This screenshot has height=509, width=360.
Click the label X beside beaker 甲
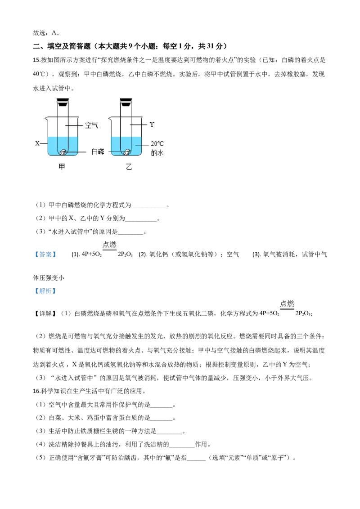pyautogui.click(x=37, y=143)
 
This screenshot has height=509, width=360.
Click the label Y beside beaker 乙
pyautogui.click(x=152, y=125)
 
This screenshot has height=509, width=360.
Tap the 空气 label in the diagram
pyautogui.click(x=91, y=125)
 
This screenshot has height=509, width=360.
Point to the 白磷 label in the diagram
pyautogui.click(x=98, y=152)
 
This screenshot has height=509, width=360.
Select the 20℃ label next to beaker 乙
pyautogui.click(x=157, y=143)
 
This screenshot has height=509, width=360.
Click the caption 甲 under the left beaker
pyautogui.click(x=62, y=167)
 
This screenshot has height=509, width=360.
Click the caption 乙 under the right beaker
pyautogui.click(x=129, y=167)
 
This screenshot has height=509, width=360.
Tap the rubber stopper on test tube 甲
pyautogui.click(x=63, y=102)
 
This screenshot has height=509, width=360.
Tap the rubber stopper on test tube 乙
pyautogui.click(x=126, y=102)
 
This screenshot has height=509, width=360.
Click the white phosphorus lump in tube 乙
pyautogui.click(x=127, y=152)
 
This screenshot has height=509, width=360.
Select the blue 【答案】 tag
pyautogui.click(x=45, y=254)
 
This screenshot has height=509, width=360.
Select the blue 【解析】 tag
pyautogui.click(x=45, y=291)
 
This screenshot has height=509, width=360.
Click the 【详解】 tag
pyautogui.click(x=45, y=313)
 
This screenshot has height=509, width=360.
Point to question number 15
pyautogui.click(x=36, y=60)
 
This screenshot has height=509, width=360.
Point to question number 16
pyautogui.click(x=36, y=391)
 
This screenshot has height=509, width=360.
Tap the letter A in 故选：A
pyautogui.click(x=54, y=33)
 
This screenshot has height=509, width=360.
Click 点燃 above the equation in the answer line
pyautogui.click(x=109, y=245)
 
